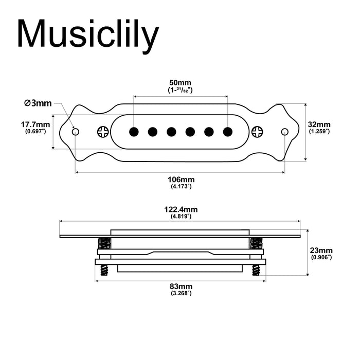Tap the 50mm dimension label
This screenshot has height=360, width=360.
180,83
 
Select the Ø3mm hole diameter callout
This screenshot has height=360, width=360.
38,103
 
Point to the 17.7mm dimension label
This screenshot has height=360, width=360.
35,124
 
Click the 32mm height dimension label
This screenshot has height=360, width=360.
319,124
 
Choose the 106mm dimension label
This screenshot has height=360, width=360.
181,179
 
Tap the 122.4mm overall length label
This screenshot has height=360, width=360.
181,209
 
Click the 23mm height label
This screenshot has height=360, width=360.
321,250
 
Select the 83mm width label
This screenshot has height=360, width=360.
181,286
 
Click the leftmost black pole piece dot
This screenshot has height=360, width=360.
134,132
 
